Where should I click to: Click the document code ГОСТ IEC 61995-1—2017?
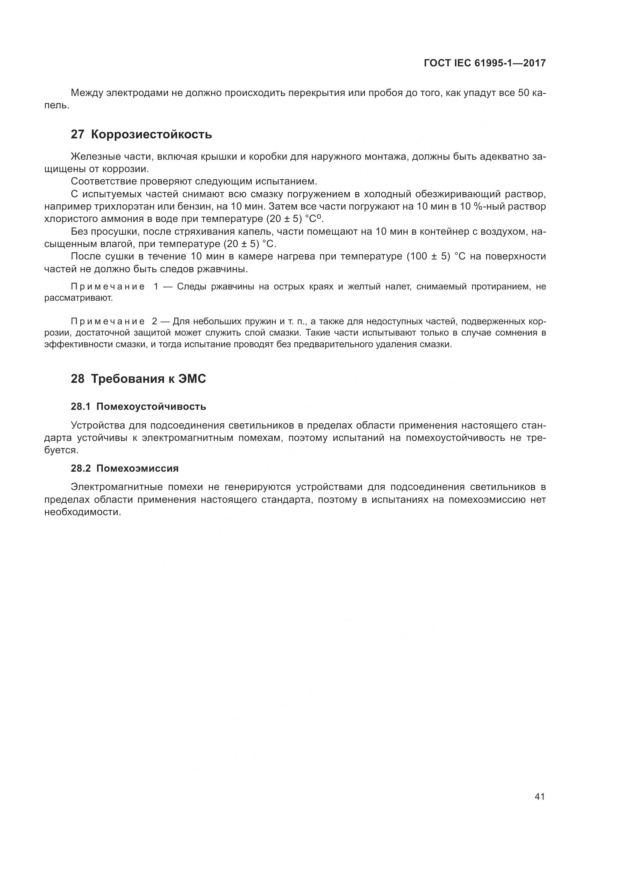(484, 63)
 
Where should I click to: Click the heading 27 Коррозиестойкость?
(141, 135)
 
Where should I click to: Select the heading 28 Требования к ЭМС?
(138, 379)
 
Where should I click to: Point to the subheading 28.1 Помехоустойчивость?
(138, 406)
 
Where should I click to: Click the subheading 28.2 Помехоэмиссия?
(125, 468)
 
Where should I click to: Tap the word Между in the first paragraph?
(87, 93)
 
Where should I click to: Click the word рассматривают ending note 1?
(78, 298)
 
